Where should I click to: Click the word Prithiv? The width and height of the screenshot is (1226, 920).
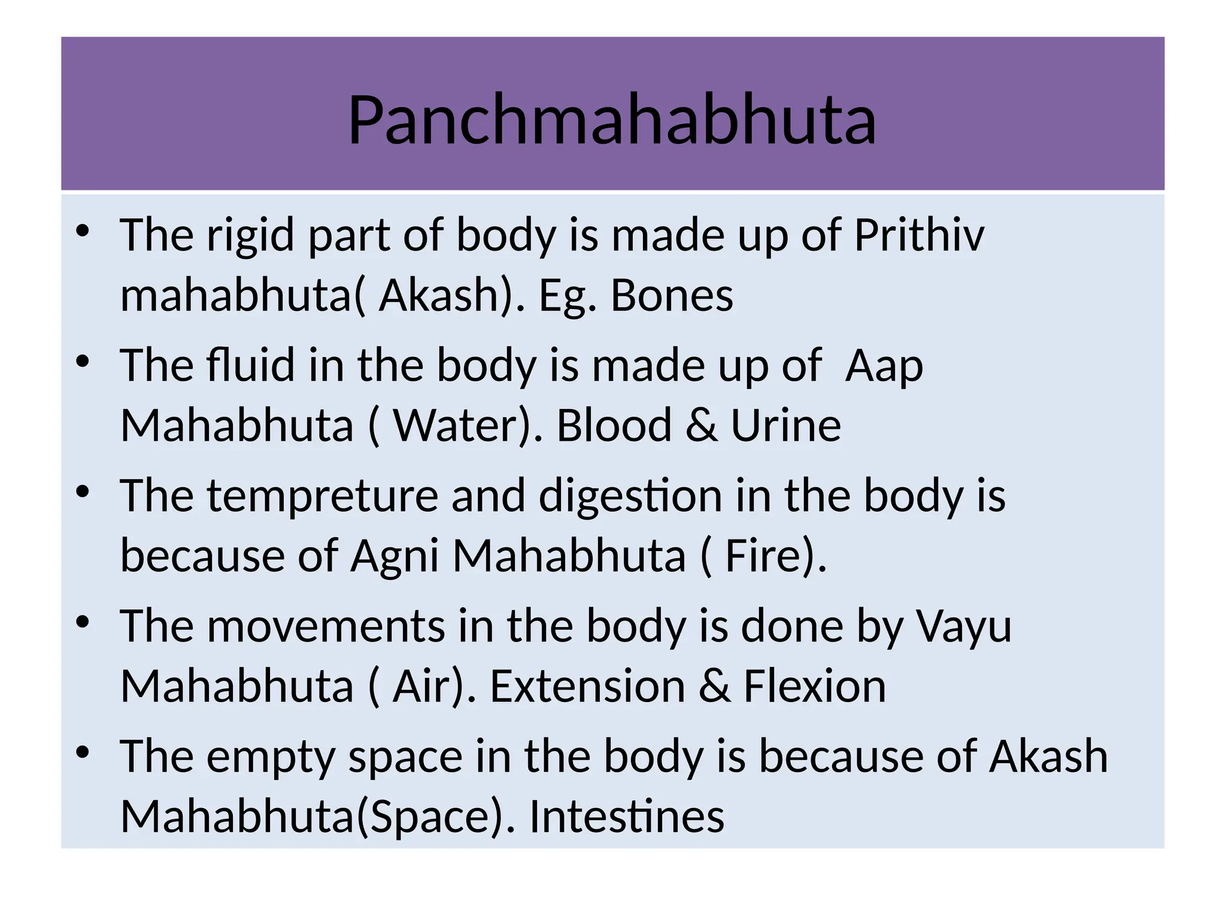click(918, 235)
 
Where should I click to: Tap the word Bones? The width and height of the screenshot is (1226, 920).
click(672, 295)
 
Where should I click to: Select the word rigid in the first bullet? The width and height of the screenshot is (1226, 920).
click(251, 235)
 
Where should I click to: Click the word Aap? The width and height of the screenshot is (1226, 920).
click(884, 366)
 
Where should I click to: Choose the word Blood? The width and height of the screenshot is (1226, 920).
click(614, 425)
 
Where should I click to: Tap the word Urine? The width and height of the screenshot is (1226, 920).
click(785, 425)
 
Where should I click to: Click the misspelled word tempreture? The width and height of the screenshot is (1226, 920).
click(323, 496)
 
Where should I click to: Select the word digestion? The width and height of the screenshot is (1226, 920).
click(630, 496)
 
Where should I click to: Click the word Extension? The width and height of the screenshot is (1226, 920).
click(587, 686)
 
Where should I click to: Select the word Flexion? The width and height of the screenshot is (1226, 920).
click(814, 686)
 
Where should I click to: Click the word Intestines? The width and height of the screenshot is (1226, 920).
click(626, 816)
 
